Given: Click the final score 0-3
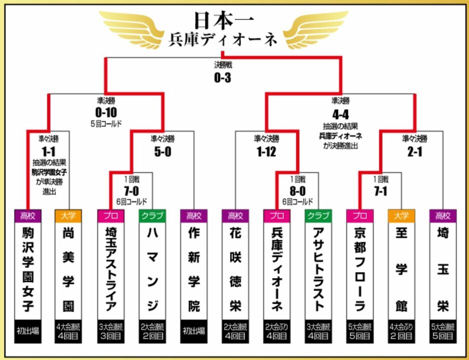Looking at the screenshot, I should tap(222, 77).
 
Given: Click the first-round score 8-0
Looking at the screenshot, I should tap(297, 190).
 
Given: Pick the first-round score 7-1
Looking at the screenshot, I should tap(380, 190).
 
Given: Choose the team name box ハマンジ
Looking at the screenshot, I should tap(151, 270).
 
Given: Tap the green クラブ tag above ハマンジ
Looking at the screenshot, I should tap(151, 216).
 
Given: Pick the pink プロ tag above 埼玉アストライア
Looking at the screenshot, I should tap(109, 216).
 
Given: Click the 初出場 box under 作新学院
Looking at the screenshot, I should tap(192, 331).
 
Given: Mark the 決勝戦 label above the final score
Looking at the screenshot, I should tap(222, 65).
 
